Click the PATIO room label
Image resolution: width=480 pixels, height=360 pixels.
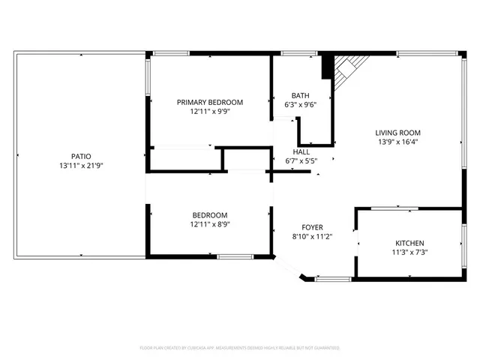(x=82, y=156)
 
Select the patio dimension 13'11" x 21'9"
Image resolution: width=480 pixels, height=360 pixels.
(x=82, y=165)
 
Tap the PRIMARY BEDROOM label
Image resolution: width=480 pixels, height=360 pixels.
(x=209, y=102)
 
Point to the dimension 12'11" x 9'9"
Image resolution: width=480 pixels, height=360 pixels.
(x=209, y=111)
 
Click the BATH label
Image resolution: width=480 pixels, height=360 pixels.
(x=301, y=95)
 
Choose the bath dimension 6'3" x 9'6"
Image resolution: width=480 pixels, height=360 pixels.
(x=301, y=104)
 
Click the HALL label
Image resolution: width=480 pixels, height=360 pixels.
(x=301, y=151)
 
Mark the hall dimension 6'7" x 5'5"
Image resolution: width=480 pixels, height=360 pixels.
(x=301, y=160)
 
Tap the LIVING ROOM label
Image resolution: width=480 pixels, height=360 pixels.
(x=397, y=133)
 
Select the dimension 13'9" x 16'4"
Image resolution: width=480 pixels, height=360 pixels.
(x=397, y=142)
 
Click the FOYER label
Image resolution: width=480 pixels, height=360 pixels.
(x=313, y=227)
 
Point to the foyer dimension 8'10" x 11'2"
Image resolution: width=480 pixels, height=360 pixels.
(x=313, y=236)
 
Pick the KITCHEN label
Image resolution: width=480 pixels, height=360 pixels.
(x=410, y=243)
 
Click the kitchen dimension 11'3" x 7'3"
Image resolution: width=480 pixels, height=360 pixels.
(x=410, y=252)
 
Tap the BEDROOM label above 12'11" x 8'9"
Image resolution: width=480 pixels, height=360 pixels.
(x=209, y=214)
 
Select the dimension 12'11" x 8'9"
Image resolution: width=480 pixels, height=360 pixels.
(x=209, y=223)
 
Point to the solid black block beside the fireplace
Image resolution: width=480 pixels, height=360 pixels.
(x=327, y=67)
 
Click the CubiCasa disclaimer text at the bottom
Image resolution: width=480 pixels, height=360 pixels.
(x=240, y=348)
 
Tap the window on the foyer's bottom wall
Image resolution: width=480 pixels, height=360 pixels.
(x=332, y=279)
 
